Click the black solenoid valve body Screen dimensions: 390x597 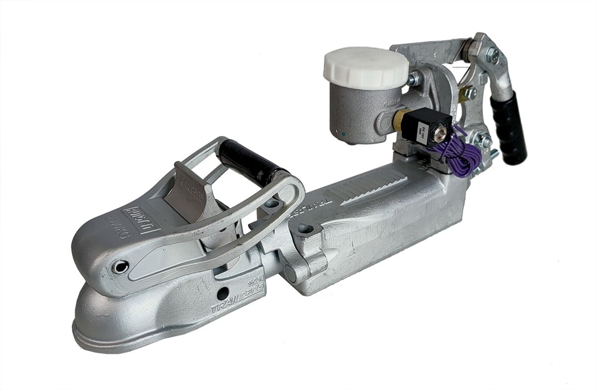click(x=421, y=128)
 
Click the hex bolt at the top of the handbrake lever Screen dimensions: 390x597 click(x=492, y=55)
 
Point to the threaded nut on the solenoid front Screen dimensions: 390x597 click(x=442, y=126)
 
